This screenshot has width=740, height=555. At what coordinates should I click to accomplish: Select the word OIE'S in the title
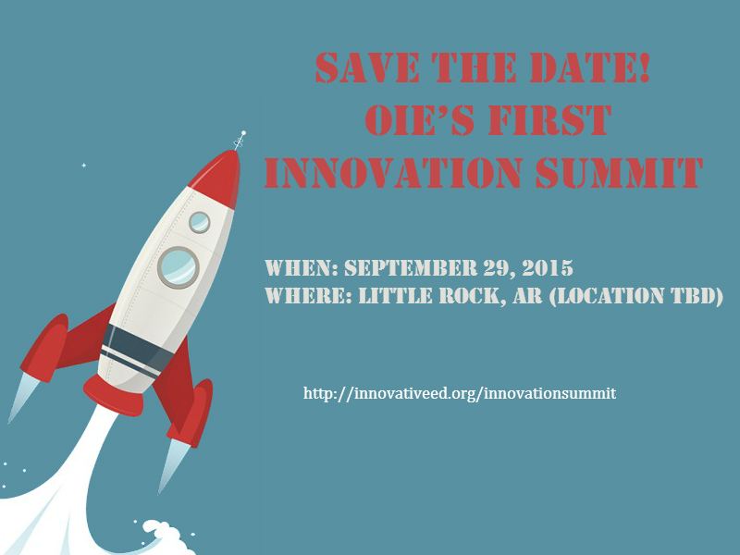coord(420,120)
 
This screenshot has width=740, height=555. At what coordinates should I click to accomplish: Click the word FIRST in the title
coord(549,120)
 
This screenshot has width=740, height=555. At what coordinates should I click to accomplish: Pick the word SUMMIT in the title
coord(619,173)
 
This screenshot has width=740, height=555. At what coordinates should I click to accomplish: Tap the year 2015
coord(548,267)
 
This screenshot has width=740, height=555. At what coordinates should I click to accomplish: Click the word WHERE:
coord(308,296)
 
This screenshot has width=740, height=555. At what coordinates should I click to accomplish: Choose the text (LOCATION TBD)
coord(636,296)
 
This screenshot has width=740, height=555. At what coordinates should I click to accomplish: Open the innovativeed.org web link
coord(460,393)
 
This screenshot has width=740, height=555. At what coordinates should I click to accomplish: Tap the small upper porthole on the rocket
coord(200,222)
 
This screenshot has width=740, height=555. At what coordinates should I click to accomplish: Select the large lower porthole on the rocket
coord(179,267)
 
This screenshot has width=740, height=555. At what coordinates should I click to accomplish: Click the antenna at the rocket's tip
coord(240,141)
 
